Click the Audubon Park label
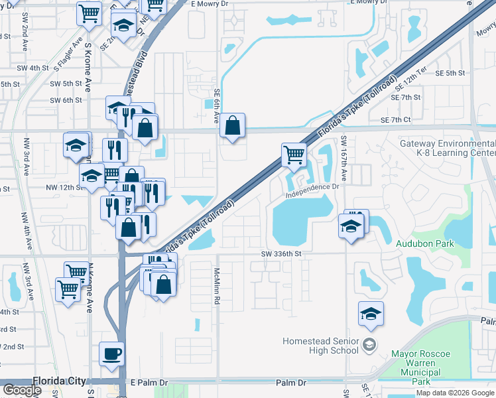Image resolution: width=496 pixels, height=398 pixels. pos(425,243)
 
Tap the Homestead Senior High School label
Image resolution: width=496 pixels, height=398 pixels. pos(320,346)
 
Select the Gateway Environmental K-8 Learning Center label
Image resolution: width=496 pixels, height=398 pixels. pos(448,149)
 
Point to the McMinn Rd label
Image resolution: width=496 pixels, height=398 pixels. pos(216,287)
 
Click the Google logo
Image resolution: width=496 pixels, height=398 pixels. pos(22,390)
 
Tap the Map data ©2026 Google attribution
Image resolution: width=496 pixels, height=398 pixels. pos(454,393)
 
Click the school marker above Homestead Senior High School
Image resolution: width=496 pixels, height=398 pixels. pos(371,313)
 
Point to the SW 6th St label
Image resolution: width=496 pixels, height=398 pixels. pos(68,100)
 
